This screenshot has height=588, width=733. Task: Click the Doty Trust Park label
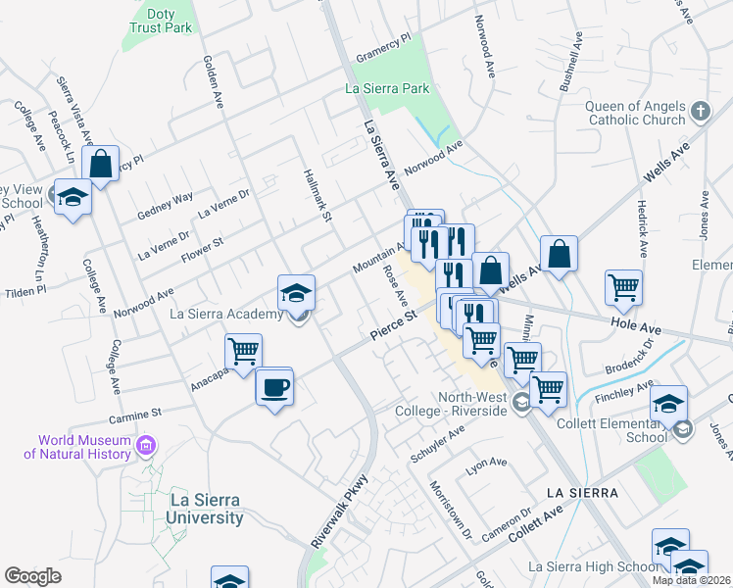[162, 21]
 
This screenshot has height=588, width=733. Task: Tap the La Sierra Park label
[388, 88]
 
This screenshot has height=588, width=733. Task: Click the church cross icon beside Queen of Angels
[700, 112]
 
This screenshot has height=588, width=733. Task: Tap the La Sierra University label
[206, 508]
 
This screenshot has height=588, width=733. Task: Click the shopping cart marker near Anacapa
[243, 350]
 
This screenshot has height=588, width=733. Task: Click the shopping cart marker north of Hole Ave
[623, 286]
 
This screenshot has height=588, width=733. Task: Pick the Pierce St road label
[394, 326]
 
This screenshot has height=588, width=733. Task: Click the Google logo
[33, 576]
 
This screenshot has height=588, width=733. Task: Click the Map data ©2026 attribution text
[691, 580]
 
